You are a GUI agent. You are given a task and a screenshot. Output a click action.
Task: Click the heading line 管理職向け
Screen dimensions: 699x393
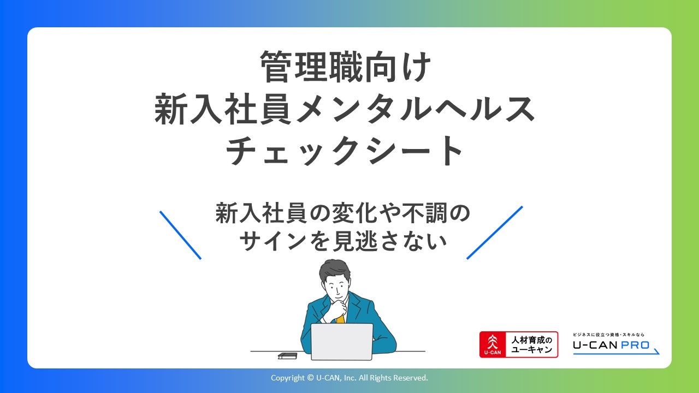[x=346, y=67]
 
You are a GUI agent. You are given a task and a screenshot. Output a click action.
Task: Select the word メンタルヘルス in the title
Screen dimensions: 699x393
[x=415, y=109]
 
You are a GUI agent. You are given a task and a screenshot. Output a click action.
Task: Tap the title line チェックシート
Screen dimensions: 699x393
[x=344, y=150]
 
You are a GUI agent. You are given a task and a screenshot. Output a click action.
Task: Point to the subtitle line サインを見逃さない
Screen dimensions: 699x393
[x=343, y=242]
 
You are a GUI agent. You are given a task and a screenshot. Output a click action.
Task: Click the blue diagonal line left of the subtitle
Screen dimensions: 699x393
[x=180, y=235]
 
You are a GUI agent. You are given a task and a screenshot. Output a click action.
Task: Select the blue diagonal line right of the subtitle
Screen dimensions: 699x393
[x=495, y=233]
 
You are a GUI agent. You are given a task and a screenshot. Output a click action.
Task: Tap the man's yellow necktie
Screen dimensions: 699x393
[x=340, y=319]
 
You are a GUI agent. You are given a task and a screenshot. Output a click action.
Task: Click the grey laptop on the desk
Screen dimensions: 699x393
[x=342, y=342]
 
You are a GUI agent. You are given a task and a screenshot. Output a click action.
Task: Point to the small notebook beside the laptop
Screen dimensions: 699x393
[x=287, y=356]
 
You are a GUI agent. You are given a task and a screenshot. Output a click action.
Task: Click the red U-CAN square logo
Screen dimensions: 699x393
[x=493, y=344]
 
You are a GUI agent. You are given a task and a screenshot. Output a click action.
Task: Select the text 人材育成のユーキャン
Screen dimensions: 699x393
[x=532, y=344]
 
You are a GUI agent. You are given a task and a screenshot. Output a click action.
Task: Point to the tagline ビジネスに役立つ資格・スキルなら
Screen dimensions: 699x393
[x=608, y=335]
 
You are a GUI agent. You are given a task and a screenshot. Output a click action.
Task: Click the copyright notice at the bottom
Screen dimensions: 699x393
[x=349, y=378]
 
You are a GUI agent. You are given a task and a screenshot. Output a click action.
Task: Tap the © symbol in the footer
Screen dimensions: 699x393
[x=310, y=378]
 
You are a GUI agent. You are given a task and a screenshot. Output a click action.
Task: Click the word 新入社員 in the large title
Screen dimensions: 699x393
[x=223, y=109]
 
